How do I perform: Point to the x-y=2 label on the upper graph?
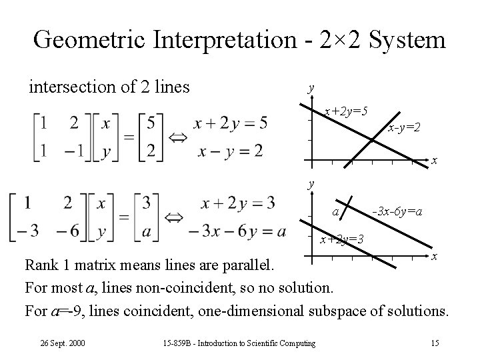tap(405, 126)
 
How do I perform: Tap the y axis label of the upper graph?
tap(310, 88)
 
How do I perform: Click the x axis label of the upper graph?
tap(434, 161)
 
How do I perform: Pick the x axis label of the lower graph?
tap(434, 257)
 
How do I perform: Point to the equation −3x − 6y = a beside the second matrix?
tap(237, 231)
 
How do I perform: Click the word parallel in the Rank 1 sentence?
tap(247, 267)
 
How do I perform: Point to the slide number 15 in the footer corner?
tap(435, 343)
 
